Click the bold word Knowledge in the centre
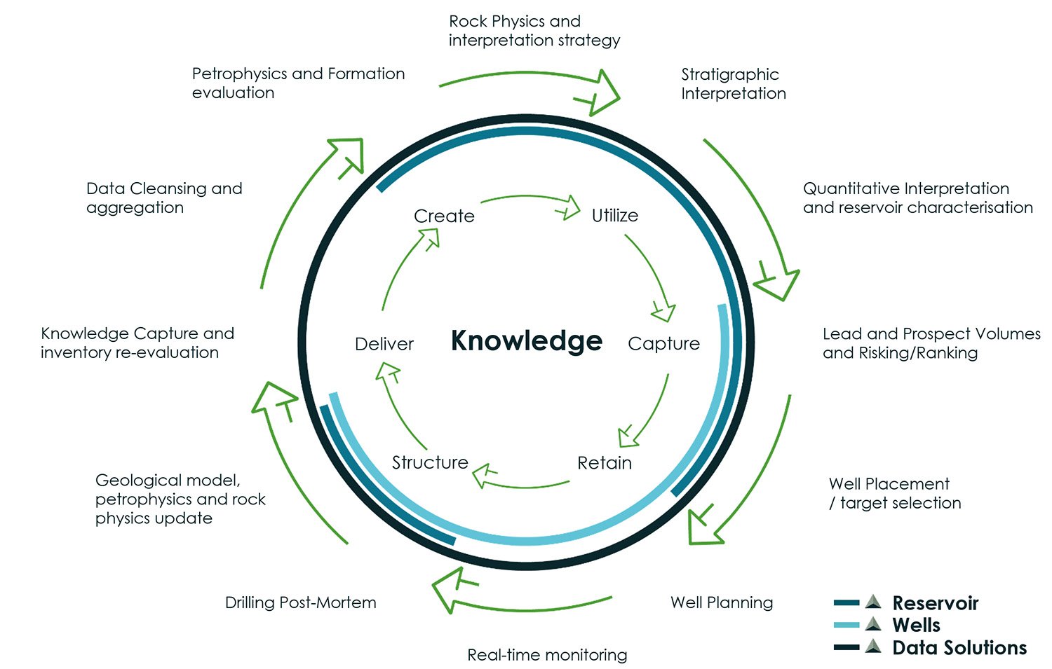pos(526,340)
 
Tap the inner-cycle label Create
pos(444,216)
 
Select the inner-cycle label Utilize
pos(614,215)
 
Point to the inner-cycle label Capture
pos(663,343)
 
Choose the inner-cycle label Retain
pos(604,463)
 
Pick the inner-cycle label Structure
pos(430,462)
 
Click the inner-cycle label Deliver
pos(384,344)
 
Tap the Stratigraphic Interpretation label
pos(733,84)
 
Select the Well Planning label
pos(722,602)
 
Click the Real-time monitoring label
pos(547,655)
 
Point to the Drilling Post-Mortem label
pos(300,602)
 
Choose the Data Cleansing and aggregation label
pos(164,198)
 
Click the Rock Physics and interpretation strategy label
pos(534,31)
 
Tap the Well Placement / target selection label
pos(894,493)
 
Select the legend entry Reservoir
pos(935,603)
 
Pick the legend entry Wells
pos(916,625)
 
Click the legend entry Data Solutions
pos(959,648)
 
